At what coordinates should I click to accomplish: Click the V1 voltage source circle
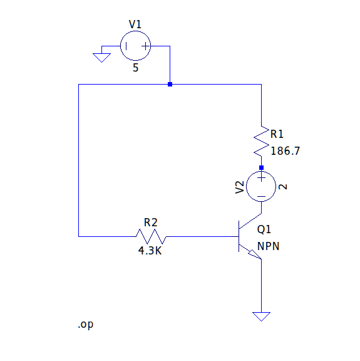[x=135, y=31]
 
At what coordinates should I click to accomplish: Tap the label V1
[x=135, y=24]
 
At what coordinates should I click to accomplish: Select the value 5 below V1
[x=135, y=68]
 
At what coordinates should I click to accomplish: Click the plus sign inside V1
[x=145, y=46]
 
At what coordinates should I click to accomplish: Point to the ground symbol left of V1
[x=101, y=58]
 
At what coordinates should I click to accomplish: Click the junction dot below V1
[x=170, y=84]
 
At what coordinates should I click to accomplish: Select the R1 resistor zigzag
[x=261, y=141]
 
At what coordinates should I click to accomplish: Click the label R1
[x=277, y=134]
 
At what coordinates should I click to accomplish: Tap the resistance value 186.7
[x=285, y=151]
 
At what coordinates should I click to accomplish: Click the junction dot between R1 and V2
[x=261, y=167]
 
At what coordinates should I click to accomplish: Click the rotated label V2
[x=239, y=187]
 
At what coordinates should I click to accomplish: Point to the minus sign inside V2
[x=261, y=196]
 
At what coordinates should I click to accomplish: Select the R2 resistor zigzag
[x=151, y=236]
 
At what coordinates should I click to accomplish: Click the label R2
[x=151, y=222]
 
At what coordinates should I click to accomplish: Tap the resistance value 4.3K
[x=150, y=251]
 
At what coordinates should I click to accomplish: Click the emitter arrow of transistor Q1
[x=255, y=254]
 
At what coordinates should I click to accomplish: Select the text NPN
[x=268, y=246]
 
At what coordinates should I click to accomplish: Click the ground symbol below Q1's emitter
[x=261, y=317]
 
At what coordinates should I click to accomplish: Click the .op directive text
[x=86, y=325]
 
